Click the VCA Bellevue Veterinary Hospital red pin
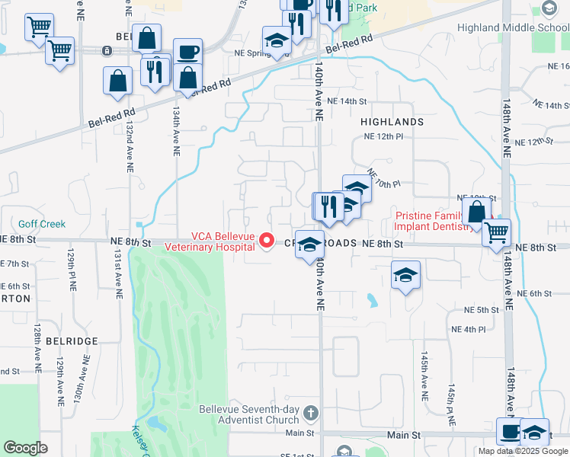[267, 241]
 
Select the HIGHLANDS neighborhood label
[392, 122]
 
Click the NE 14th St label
[347, 101]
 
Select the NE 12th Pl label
[383, 136]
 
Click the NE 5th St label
[482, 310]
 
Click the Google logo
[25, 448]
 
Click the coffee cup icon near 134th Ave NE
[187, 53]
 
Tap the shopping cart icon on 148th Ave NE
[497, 232]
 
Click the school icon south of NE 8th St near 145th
[405, 276]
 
